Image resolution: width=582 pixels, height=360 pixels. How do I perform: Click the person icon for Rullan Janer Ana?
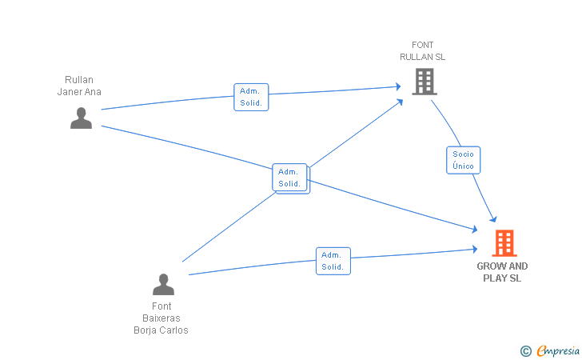(81, 118)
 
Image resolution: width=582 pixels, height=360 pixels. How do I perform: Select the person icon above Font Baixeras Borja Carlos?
(163, 285)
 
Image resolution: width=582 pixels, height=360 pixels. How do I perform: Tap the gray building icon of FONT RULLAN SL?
(425, 82)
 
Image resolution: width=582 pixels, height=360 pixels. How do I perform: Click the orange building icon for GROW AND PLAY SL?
(504, 243)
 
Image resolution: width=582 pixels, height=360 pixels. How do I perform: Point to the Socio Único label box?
(463, 160)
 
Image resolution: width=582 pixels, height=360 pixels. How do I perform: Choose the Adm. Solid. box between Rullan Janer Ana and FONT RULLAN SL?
(251, 97)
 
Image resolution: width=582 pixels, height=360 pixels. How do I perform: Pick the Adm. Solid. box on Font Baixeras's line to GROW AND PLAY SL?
(333, 261)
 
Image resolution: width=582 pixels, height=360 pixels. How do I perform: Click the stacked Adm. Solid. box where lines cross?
(291, 178)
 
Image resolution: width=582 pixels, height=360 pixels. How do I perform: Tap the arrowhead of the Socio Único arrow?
(494, 219)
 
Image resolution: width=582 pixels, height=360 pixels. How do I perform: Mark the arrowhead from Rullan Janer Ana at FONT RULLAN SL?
(398, 86)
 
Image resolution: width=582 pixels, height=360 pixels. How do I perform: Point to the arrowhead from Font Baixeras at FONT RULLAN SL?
(400, 102)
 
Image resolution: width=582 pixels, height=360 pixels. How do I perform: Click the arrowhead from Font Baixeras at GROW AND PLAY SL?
(475, 249)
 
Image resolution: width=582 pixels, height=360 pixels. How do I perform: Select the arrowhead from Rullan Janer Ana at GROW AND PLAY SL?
(474, 230)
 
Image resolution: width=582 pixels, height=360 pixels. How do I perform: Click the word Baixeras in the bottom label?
(161, 318)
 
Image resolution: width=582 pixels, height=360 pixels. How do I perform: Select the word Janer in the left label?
(68, 92)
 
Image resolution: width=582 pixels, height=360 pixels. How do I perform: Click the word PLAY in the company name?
(496, 278)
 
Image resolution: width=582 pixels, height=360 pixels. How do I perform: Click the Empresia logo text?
(558, 350)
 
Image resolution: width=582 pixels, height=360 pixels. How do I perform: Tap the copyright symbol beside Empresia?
(526, 351)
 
